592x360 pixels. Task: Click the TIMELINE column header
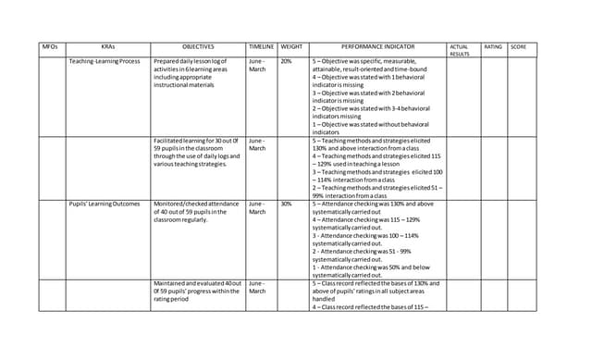click(x=261, y=46)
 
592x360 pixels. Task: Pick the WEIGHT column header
click(x=291, y=46)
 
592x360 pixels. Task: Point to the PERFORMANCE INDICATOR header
click(x=377, y=46)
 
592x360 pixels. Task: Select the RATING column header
click(x=493, y=46)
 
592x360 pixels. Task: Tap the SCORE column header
click(x=518, y=46)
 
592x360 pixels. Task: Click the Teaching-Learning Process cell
click(x=105, y=61)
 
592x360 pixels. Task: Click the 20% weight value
click(x=287, y=61)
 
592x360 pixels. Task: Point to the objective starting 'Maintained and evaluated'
click(x=197, y=292)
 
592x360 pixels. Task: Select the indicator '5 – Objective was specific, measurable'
click(x=371, y=61)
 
